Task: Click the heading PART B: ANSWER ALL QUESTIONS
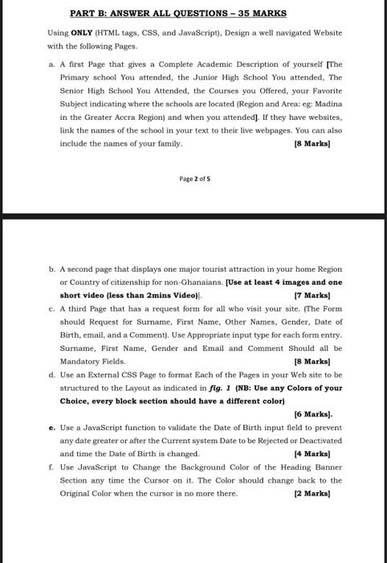click(178, 14)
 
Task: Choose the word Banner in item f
click(325, 467)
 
